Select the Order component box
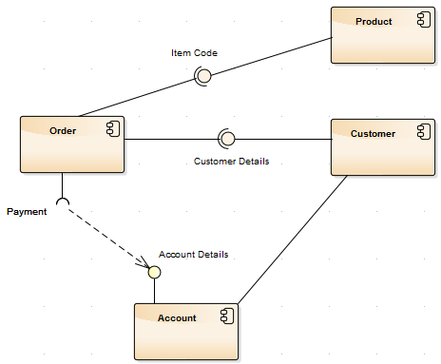tap(72, 144)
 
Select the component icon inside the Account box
tap(226, 317)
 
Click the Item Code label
tap(194, 53)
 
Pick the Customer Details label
tap(231, 162)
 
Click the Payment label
tap(27, 212)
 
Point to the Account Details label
tap(193, 255)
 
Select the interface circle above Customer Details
tap(226, 139)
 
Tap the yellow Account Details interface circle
tap(154, 272)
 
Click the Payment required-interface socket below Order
tap(63, 201)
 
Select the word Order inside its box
tap(63, 131)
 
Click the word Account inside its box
tap(177, 318)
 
